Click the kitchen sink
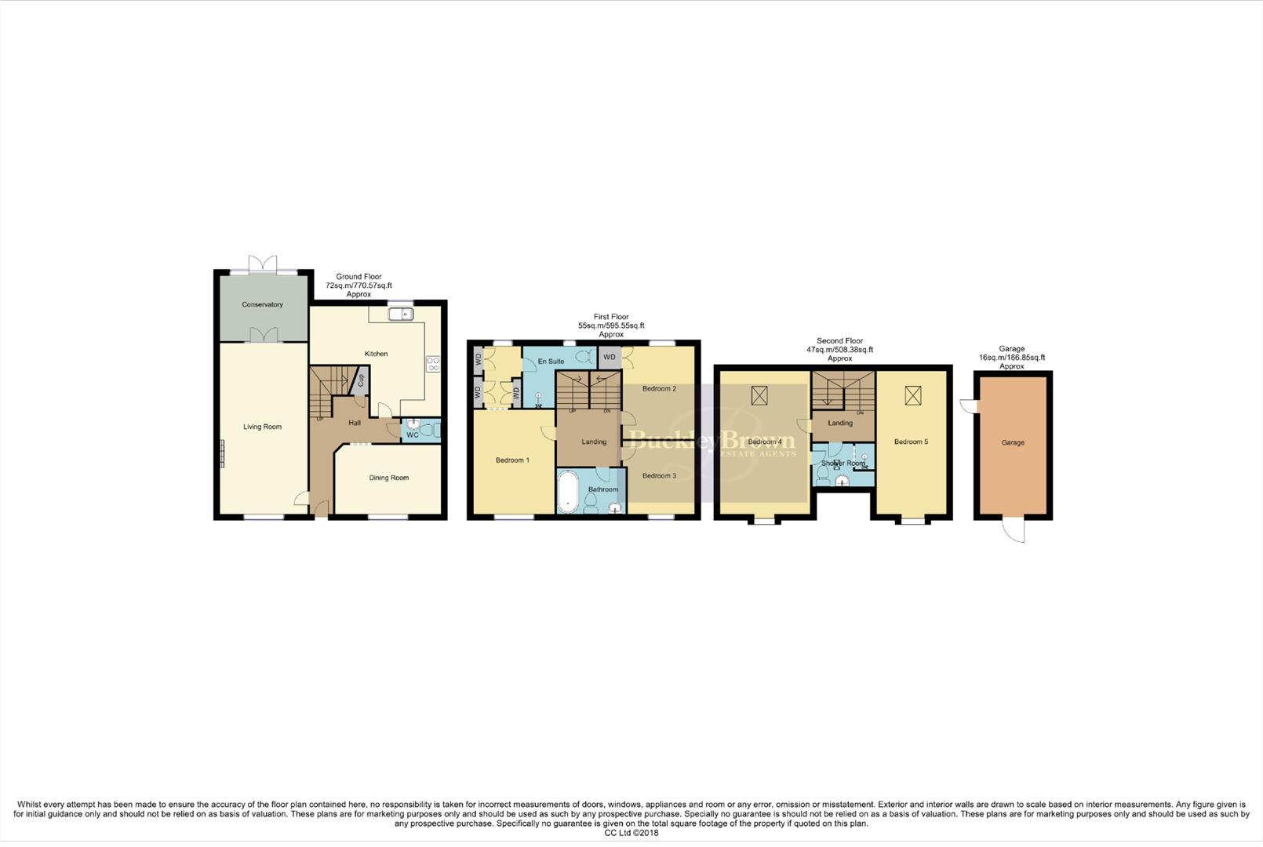point(401,314)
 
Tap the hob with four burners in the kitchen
point(432,364)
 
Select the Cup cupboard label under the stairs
point(361,381)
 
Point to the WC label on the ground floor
point(412,434)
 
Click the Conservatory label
point(262,304)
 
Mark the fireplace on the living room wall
point(222,453)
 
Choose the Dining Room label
point(389,478)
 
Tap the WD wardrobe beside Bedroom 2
point(610,358)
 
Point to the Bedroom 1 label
point(512,460)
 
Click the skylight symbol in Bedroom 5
point(912,395)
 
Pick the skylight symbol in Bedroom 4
point(759,395)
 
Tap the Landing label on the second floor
point(840,423)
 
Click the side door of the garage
point(967,405)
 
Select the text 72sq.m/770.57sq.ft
point(359,285)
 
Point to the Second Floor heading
point(839,341)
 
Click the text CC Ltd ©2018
point(631,833)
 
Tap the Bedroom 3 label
point(659,476)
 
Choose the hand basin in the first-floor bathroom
point(615,507)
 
